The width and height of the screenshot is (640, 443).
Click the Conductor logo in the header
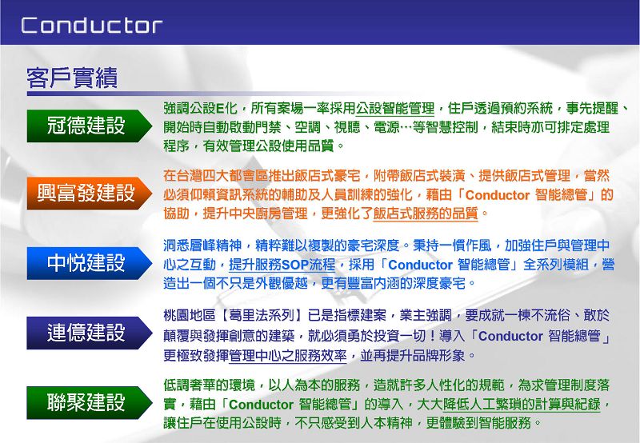(x=92, y=26)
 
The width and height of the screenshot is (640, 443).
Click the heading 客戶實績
(x=72, y=78)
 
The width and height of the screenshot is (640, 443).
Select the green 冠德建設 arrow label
(x=90, y=126)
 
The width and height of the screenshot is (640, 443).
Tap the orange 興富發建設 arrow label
(x=90, y=193)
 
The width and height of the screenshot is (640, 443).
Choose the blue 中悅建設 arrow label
(x=90, y=263)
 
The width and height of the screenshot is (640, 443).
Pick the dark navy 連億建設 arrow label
(x=90, y=333)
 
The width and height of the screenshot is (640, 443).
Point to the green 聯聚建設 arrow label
(x=90, y=402)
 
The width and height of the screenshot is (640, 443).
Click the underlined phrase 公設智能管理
(x=395, y=109)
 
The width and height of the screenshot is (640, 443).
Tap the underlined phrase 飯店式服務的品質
(x=426, y=214)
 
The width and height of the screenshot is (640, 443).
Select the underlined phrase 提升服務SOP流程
(x=282, y=265)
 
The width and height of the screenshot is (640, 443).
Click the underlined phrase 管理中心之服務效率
(x=288, y=356)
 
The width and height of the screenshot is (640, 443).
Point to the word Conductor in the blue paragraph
(x=421, y=265)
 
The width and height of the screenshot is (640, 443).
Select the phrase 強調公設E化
(x=200, y=109)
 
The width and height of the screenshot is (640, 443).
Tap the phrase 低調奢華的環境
(x=209, y=385)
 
